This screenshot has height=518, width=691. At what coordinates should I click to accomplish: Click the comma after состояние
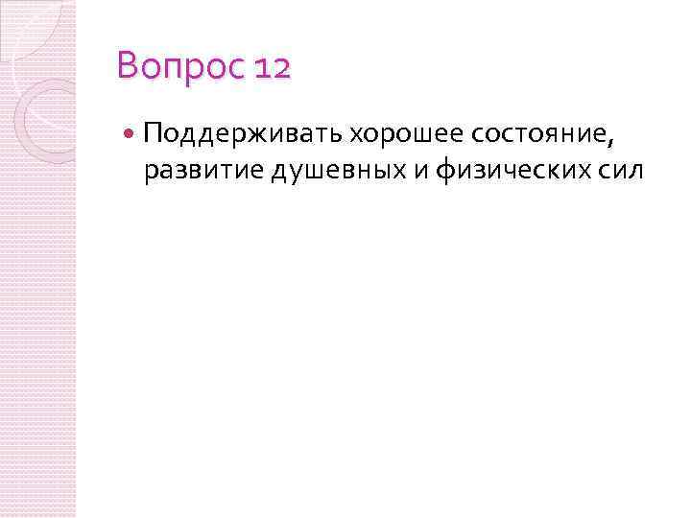tap(609, 140)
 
